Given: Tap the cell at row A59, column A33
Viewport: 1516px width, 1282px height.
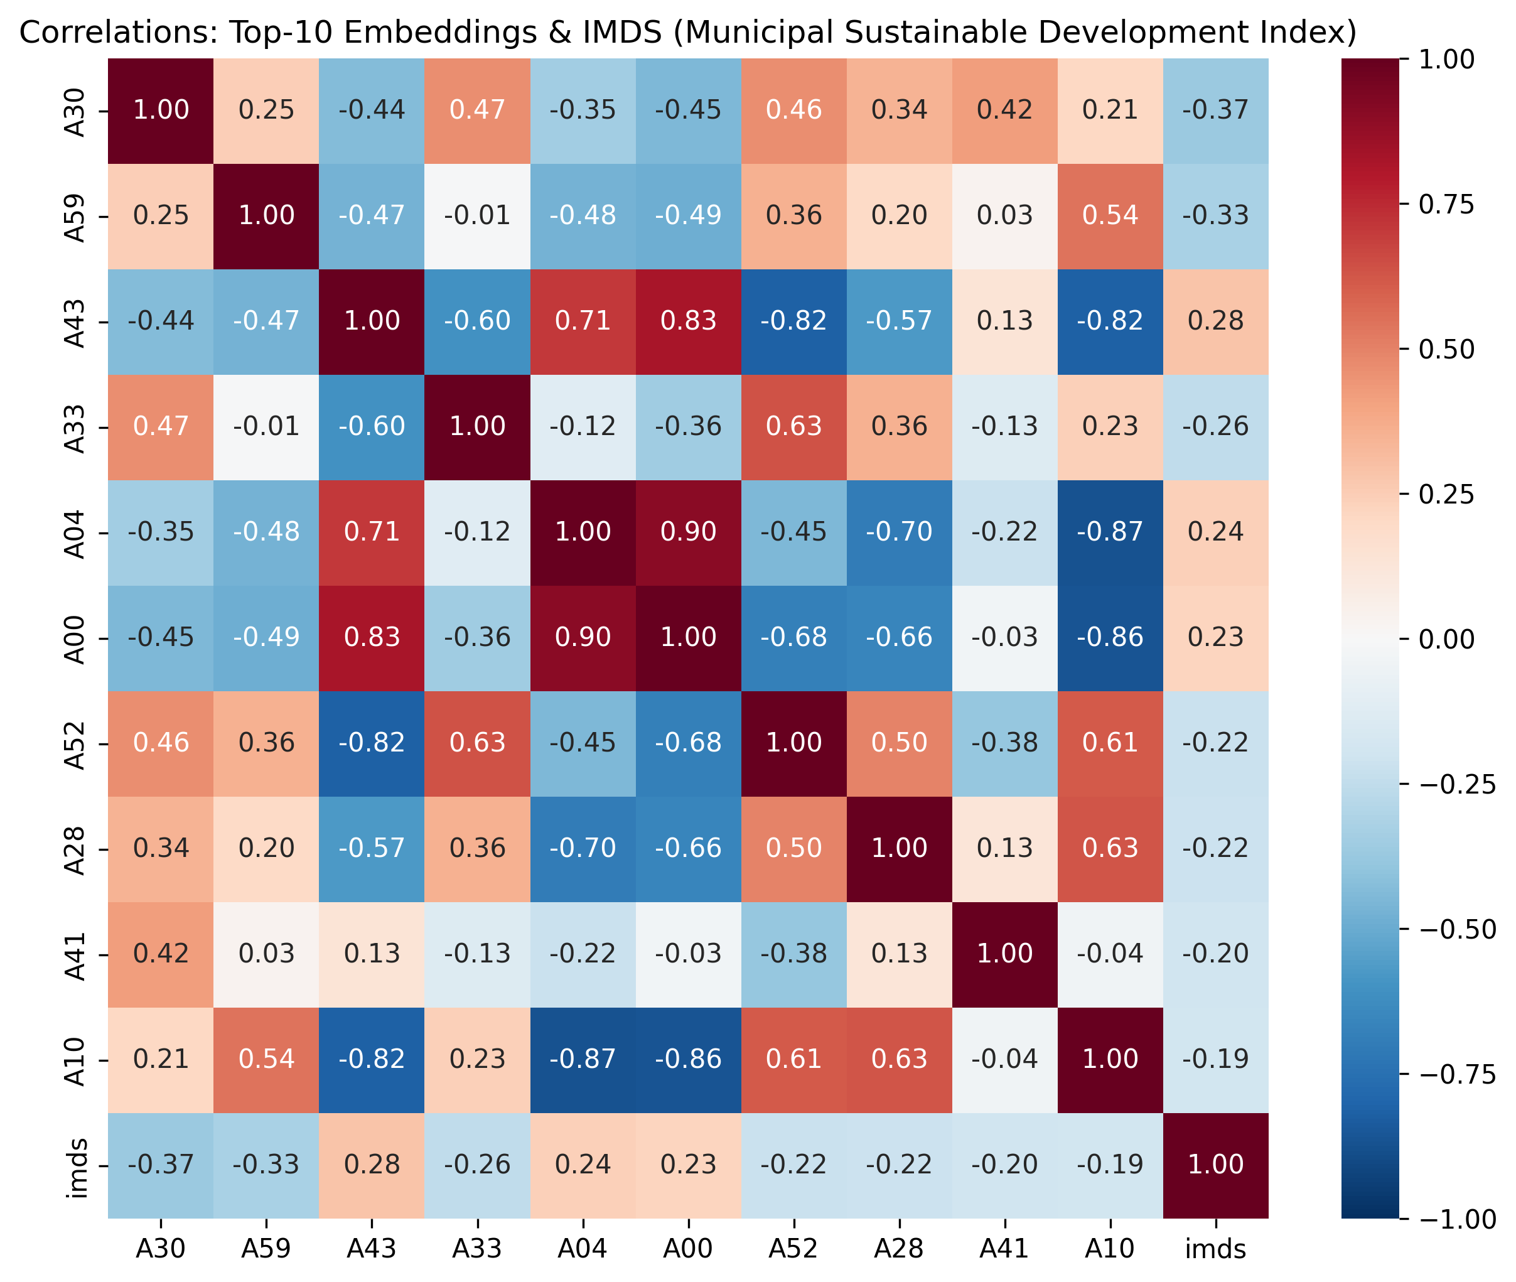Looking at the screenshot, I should (x=478, y=216).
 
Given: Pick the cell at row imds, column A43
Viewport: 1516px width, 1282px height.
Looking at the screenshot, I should (x=372, y=1164).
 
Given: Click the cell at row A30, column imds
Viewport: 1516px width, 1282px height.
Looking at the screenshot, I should (x=1215, y=110).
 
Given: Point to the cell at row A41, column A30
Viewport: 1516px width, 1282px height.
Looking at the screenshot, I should (x=161, y=954).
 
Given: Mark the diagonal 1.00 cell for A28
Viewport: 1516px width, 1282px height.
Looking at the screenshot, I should (x=899, y=848).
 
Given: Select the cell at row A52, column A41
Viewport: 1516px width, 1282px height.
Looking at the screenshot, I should (x=1004, y=743).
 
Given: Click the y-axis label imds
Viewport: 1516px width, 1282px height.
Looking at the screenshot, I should (x=77, y=1164).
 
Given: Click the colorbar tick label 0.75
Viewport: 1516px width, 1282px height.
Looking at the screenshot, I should (x=1446, y=204).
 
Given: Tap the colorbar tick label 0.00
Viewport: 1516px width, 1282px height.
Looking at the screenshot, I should (x=1446, y=639).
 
